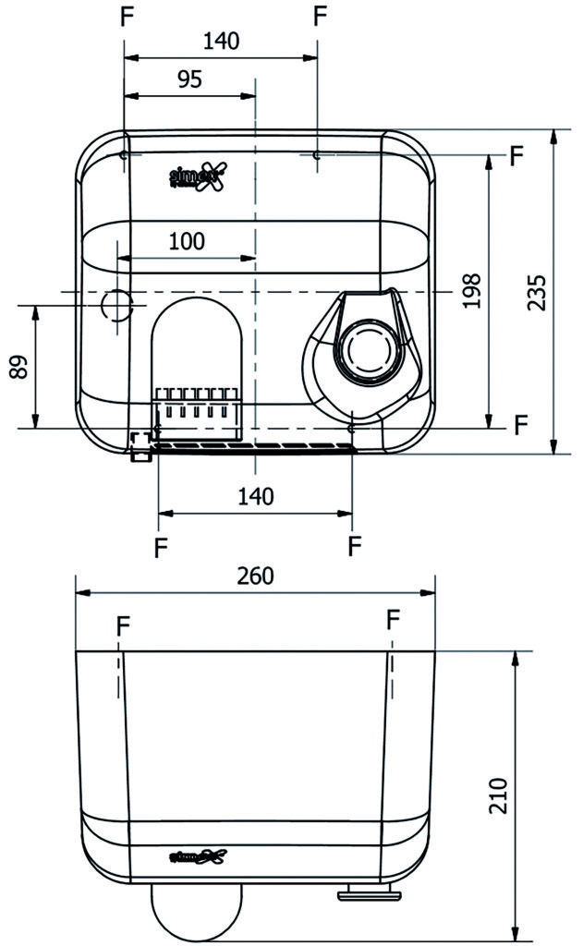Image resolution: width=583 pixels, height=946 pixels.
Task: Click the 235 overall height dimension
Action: click(x=537, y=292)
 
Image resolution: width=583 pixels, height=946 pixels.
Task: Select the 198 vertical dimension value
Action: click(x=472, y=291)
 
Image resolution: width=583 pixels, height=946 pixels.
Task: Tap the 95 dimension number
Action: click(x=189, y=79)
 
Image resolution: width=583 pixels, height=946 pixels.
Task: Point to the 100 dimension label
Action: click(x=187, y=242)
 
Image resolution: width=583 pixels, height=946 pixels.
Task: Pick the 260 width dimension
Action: click(x=255, y=576)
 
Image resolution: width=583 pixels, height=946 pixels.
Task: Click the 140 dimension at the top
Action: click(x=221, y=41)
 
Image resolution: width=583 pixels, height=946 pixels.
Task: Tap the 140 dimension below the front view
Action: click(x=255, y=496)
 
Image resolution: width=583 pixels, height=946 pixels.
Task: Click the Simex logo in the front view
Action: click(x=197, y=176)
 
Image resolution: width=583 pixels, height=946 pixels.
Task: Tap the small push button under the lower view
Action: click(x=369, y=893)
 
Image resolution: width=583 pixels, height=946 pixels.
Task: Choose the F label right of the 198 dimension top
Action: click(x=516, y=155)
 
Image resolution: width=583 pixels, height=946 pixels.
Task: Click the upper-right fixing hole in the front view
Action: click(x=317, y=157)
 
